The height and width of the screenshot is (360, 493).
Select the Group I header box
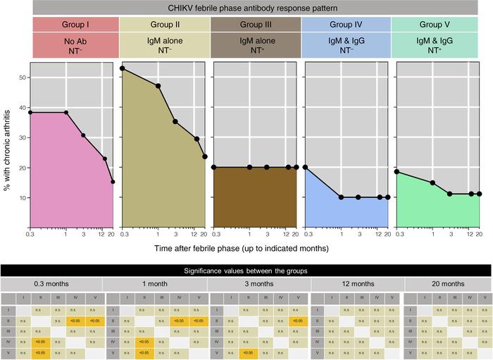[x=73, y=24]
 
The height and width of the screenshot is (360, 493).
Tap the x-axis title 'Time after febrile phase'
[x=254, y=248]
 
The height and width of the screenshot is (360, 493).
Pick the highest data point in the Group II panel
[x=123, y=68]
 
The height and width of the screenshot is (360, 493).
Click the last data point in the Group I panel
[x=113, y=182]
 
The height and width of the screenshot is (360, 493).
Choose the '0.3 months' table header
[x=51, y=283]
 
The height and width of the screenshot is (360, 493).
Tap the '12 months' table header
[x=358, y=283]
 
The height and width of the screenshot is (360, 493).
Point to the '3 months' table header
[x=258, y=283]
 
